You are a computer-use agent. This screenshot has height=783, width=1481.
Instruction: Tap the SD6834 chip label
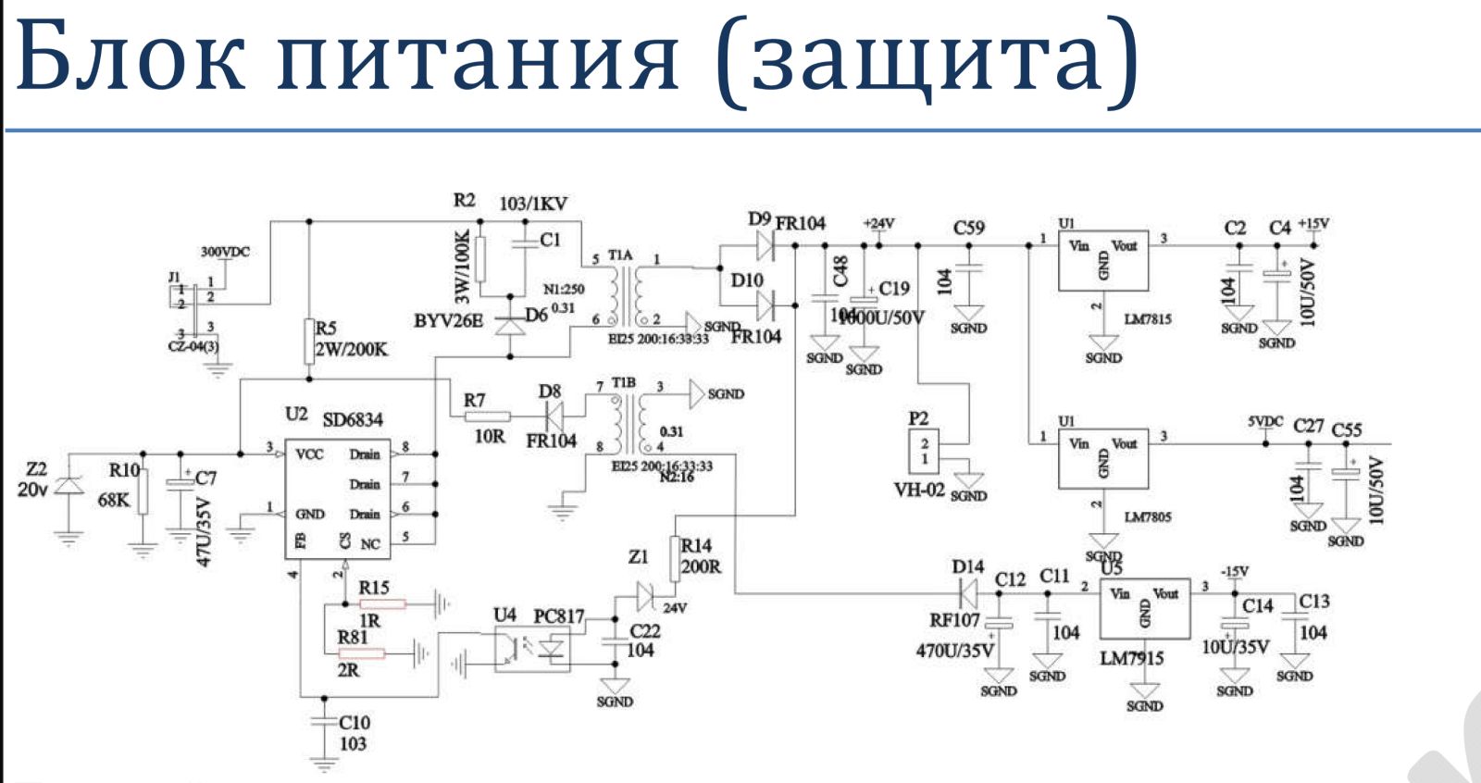[x=352, y=419]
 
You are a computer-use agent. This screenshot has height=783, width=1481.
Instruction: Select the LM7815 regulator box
[x=1103, y=261]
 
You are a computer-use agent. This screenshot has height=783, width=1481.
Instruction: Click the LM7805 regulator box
[x=1103, y=458]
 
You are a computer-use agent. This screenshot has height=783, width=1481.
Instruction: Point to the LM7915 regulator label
[x=1131, y=658]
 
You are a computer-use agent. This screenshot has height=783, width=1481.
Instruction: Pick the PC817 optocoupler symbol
[x=532, y=648]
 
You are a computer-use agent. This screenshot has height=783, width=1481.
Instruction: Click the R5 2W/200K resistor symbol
[x=309, y=342]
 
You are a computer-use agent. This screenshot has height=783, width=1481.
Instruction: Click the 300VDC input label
[x=225, y=252]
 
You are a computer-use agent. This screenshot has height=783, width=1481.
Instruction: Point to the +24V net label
[x=878, y=223]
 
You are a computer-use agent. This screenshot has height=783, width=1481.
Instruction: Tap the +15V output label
[x=1313, y=223]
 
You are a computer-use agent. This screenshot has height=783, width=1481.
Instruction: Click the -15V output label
[x=1234, y=571]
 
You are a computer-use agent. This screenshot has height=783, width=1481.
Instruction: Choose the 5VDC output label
[x=1265, y=422]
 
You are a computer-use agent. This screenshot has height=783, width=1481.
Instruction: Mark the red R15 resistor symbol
[x=382, y=604]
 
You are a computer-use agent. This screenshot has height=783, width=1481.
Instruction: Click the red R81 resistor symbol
[x=361, y=654]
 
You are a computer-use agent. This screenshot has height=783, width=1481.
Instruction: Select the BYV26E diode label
[x=448, y=321]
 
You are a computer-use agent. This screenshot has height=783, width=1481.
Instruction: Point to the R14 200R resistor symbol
[x=675, y=558]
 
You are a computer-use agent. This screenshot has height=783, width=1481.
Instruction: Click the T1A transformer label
[x=621, y=255]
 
